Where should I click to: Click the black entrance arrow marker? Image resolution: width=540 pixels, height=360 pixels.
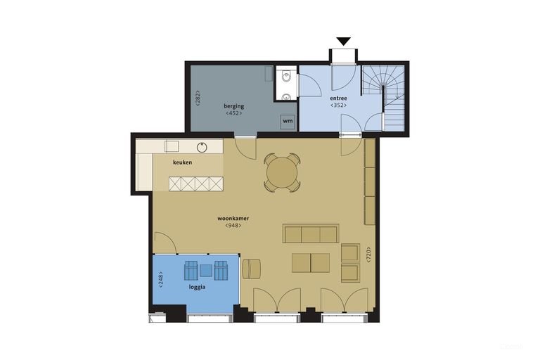coord(344,41)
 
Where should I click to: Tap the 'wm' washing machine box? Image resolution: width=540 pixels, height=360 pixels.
coord(288,121)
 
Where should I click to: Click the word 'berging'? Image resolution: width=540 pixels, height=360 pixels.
coord(234,105)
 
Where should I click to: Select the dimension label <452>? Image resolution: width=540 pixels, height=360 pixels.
coord(234,113)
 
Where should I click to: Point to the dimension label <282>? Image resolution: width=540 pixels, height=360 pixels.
coord(198,98)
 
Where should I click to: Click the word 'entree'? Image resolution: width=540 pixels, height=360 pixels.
coord(338,98)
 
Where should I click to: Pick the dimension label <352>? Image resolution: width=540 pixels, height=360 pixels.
coord(338,105)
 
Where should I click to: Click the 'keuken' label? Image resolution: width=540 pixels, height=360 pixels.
coord(183,162)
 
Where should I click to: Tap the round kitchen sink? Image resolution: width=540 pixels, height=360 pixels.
coord(202,148)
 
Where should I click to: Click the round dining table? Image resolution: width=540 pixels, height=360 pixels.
coord(282,172)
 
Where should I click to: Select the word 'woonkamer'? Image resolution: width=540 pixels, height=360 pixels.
coord(233,219)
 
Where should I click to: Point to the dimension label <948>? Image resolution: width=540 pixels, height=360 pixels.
coord(233,226)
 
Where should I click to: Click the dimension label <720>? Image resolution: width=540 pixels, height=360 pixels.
coord(368,255)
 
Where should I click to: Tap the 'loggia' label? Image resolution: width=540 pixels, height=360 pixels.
coord(197,287)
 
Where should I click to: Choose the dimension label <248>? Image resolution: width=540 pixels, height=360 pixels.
coord(160,280)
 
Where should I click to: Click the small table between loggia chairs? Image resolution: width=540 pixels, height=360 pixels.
coord(206,271)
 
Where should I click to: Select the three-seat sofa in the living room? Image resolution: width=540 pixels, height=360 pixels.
coord(311,234)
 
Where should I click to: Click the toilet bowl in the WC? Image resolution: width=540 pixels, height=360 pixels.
coord(287,77)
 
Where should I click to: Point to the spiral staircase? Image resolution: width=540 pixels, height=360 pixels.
coord(383,98)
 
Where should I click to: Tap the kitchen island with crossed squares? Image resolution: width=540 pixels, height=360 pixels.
coord(196,184)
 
